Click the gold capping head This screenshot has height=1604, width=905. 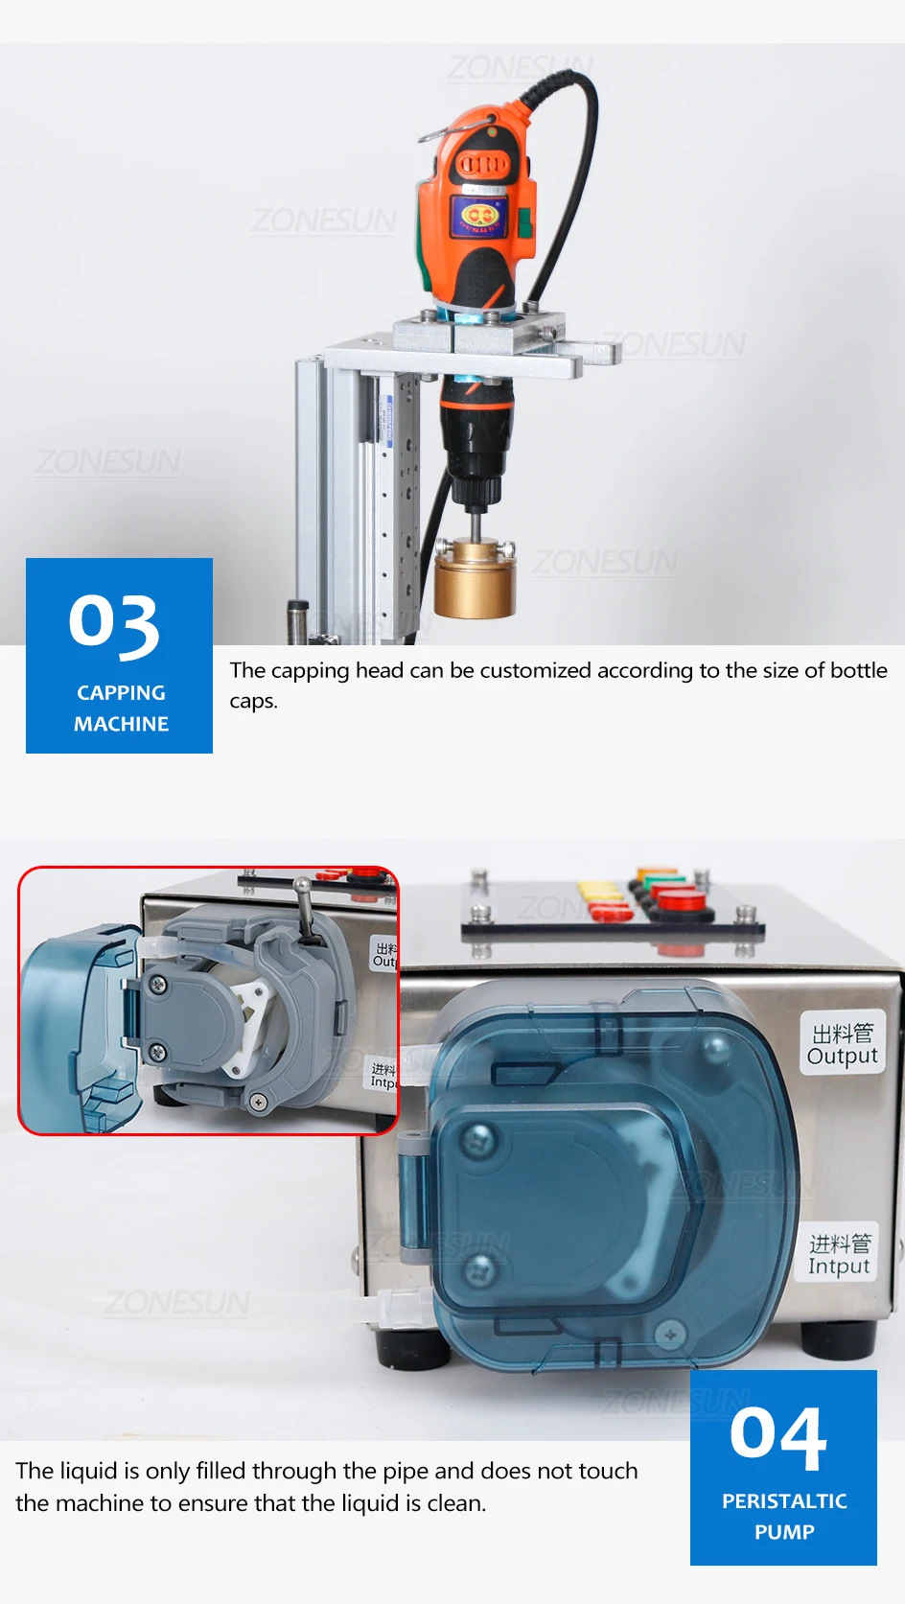pyautogui.click(x=476, y=580)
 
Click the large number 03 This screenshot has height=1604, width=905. pyautogui.click(x=114, y=624)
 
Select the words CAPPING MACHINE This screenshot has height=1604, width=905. pyautogui.click(x=121, y=708)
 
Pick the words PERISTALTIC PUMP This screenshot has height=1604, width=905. pyautogui.click(x=784, y=1516)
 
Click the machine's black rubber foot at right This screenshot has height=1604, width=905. pyautogui.click(x=840, y=1338)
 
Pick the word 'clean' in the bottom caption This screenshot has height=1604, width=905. pyautogui.click(x=453, y=1503)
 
